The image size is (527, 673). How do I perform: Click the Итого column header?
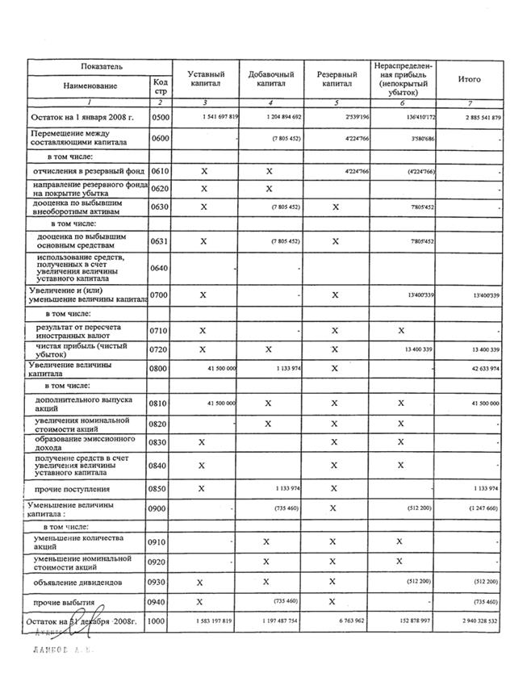pos(469,79)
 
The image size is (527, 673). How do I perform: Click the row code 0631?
pos(160,240)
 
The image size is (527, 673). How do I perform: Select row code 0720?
pos(160,349)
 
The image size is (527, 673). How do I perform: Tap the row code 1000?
pos(160,621)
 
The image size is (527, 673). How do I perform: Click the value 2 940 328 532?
pos(478,621)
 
